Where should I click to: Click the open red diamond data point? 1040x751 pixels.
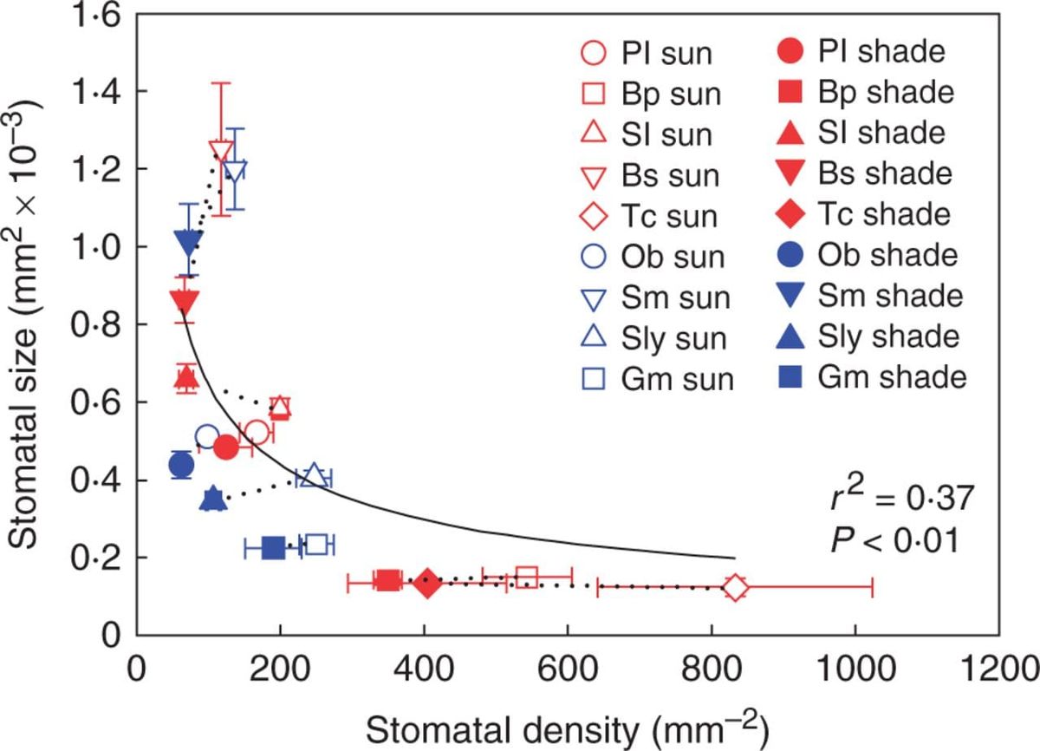(x=735, y=587)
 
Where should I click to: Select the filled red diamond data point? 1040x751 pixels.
(x=427, y=582)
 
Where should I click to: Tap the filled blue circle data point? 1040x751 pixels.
(x=181, y=464)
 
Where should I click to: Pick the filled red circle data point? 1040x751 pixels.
(x=226, y=447)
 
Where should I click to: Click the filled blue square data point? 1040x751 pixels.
(x=274, y=548)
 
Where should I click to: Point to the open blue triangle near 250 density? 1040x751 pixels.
(x=314, y=475)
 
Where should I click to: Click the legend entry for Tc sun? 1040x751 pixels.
(x=649, y=217)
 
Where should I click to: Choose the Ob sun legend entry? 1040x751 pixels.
(x=653, y=257)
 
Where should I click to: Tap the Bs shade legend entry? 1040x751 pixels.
(x=864, y=173)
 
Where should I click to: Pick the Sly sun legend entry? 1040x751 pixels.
(x=653, y=338)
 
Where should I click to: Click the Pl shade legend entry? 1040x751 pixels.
(x=861, y=51)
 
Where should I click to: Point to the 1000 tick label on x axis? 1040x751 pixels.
(x=855, y=669)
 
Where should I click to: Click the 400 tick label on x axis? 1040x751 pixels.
(x=424, y=669)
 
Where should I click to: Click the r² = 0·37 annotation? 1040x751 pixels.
(x=901, y=497)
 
